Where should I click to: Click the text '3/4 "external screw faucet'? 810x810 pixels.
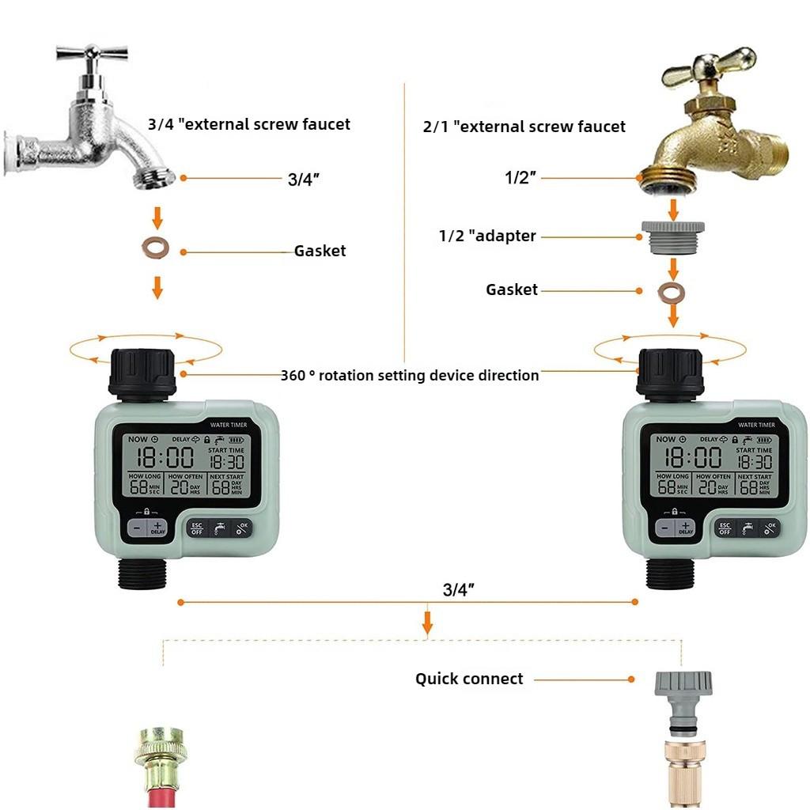click(248, 124)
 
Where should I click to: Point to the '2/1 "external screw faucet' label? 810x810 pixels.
click(524, 127)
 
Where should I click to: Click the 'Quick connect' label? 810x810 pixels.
click(469, 679)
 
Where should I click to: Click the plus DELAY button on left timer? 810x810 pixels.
click(157, 528)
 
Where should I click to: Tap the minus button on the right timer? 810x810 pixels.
click(664, 528)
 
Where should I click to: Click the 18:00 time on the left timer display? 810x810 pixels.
click(165, 456)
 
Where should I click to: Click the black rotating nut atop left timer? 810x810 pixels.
click(142, 371)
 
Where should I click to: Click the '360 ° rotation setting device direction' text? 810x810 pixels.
click(410, 375)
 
